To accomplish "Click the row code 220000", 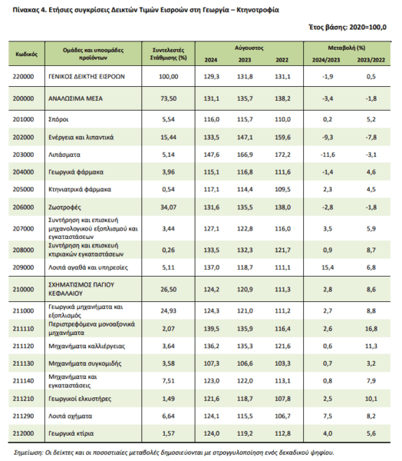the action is coord(23,76).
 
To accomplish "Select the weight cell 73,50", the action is coord(168,98).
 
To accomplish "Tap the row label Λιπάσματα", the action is coord(64,154).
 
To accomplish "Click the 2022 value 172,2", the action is coord(282,154).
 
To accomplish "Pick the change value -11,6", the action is coord(328,154).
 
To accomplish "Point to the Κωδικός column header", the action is coord(26,54).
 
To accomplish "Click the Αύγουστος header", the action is coord(249,48).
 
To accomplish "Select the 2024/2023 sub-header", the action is coord(326,60).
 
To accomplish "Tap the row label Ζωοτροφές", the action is coord(64,207).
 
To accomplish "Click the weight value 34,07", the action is coord(168,207).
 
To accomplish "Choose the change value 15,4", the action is coord(328,267).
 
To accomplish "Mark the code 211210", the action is coord(23,399).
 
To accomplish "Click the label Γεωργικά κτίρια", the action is coord(71,433).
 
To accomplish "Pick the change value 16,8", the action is coord(371,329).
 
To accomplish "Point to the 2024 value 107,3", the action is coord(212,363).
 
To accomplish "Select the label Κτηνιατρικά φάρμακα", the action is coord(80,189).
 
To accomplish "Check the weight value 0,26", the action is coord(168,250).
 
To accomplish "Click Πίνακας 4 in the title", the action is coord(29,10).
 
